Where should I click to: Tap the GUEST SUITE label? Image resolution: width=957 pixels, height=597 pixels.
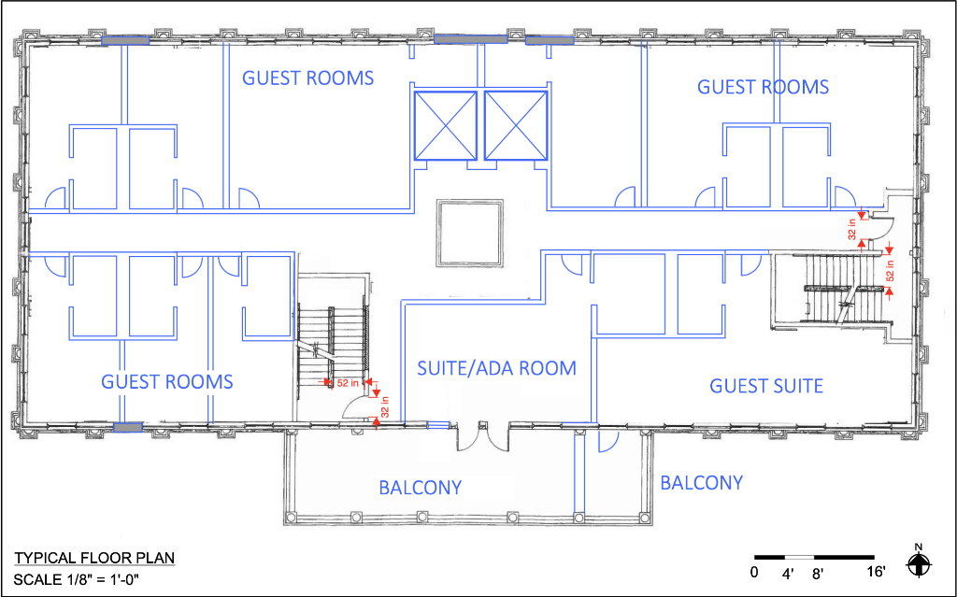point(766,385)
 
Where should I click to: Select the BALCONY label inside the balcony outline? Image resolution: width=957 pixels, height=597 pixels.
point(421,488)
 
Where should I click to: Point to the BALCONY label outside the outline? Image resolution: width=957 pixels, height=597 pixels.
point(701,482)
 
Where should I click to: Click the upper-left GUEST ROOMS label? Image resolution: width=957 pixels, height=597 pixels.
point(308,78)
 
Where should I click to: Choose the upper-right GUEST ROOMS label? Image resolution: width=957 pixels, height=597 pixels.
point(763,87)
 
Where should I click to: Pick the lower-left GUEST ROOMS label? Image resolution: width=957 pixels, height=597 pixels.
point(166,381)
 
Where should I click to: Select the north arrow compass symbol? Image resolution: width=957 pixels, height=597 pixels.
point(920,563)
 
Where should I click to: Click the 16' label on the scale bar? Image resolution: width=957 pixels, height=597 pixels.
point(875,572)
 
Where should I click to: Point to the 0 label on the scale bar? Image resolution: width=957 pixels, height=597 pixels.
point(754,572)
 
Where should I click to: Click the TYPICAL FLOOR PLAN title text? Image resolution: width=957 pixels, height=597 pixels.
point(93,559)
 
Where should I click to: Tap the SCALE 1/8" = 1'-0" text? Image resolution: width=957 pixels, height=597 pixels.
point(76,578)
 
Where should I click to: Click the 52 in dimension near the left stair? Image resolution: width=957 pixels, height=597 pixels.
point(347,382)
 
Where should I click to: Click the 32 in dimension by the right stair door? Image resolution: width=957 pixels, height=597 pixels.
point(852,229)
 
